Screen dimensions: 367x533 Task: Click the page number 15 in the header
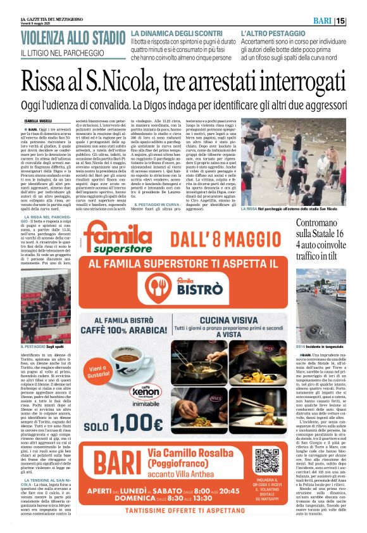(358, 21)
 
